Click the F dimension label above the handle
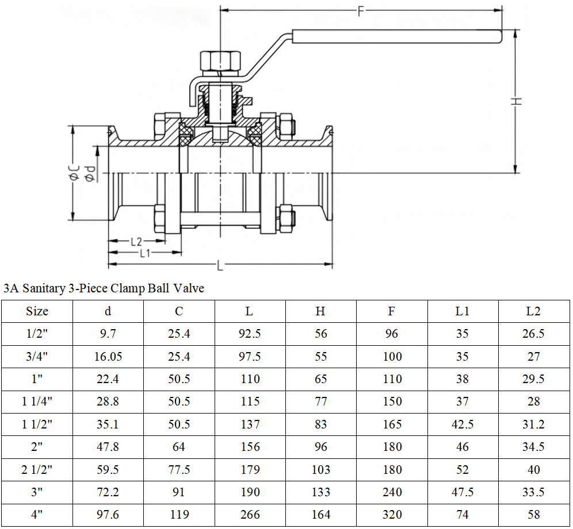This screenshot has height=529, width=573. pyautogui.click(x=361, y=11)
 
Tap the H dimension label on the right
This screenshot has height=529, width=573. pyautogui.click(x=516, y=101)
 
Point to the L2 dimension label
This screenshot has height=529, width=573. pyautogui.click(x=136, y=241)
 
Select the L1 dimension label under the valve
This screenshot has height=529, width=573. pyautogui.click(x=145, y=253)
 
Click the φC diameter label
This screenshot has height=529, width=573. pyautogui.click(x=74, y=172)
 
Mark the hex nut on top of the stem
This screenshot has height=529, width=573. pyautogui.click(x=220, y=61)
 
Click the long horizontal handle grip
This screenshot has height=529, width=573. pyautogui.click(x=397, y=37)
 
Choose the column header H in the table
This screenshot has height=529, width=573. pyautogui.click(x=320, y=311)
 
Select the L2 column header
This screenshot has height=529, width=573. pyautogui.click(x=533, y=311)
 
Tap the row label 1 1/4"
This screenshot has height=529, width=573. pyautogui.click(x=37, y=401)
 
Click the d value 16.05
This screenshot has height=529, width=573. pyautogui.click(x=108, y=357)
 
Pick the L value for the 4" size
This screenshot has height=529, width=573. pyautogui.click(x=250, y=515)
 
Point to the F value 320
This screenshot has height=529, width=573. pyautogui.click(x=392, y=515)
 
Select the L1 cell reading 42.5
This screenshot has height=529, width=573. pyautogui.click(x=463, y=424)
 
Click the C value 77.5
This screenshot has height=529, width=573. pyautogui.click(x=179, y=469)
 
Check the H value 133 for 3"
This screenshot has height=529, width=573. pyautogui.click(x=321, y=492)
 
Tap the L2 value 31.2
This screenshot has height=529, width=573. pyautogui.click(x=533, y=424)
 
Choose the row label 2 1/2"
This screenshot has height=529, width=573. pyautogui.click(x=37, y=469)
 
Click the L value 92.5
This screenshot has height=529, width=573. pyautogui.click(x=250, y=334)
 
